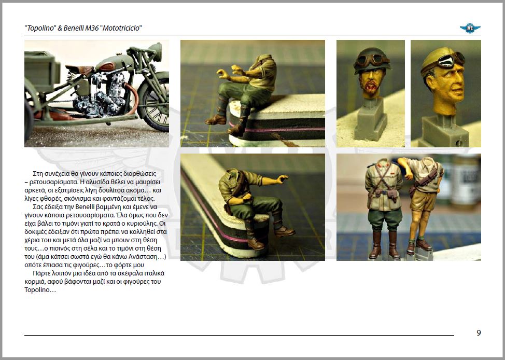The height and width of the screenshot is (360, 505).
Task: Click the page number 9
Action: point(479,333)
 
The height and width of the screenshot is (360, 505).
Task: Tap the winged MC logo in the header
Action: point(470,28)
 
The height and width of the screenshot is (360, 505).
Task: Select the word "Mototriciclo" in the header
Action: point(121,28)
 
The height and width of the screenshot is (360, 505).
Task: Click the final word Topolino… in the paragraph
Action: point(40,290)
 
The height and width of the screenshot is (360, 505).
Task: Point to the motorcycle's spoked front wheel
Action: point(155,102)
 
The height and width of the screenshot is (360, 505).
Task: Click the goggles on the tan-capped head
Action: point(450,60)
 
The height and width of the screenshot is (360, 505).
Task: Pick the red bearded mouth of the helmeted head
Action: point(371,86)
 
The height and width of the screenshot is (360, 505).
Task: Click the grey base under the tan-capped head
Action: point(444,131)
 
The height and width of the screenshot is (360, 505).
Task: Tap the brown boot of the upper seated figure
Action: point(216,120)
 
